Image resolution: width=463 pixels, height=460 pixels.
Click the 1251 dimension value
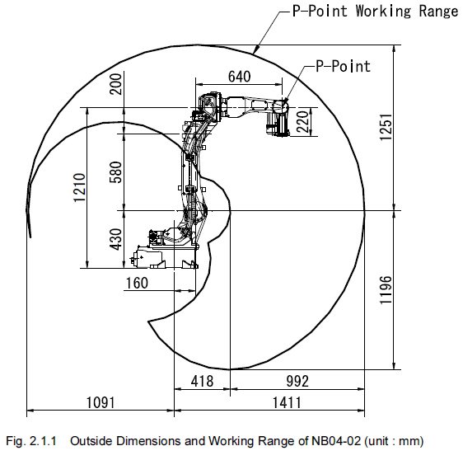coord(386,127)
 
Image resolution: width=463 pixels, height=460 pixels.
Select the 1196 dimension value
coord(386,290)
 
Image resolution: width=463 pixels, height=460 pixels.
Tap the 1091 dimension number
coord(101,402)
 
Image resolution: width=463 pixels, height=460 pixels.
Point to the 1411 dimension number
coord(287,402)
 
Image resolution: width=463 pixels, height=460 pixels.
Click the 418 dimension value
coord(203,381)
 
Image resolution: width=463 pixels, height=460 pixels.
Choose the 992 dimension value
coord(297,381)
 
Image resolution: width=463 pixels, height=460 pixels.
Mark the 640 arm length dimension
coord(240,77)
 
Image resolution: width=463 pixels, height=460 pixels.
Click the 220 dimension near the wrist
coord(302,122)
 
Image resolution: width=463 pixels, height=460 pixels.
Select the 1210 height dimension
coord(79,188)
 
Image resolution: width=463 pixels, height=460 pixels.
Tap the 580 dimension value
coord(115,172)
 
